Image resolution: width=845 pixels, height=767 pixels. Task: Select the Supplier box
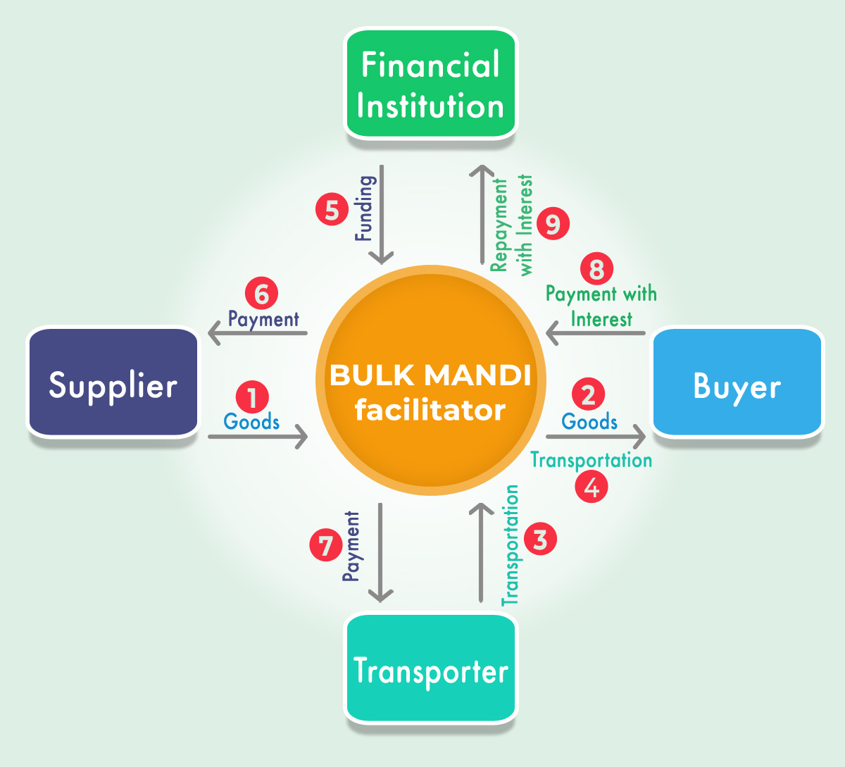pyautogui.click(x=113, y=384)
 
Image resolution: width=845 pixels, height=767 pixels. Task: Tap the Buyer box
pyautogui.click(x=737, y=384)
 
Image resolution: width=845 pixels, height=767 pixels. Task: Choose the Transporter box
pyautogui.click(x=430, y=669)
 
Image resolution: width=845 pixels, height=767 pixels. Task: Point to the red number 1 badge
pyautogui.click(x=252, y=397)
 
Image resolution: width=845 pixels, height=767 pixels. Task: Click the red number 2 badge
pyautogui.click(x=589, y=394)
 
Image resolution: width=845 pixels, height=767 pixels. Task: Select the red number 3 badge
pyautogui.click(x=540, y=540)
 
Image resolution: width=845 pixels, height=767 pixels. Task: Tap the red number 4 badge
pyautogui.click(x=591, y=487)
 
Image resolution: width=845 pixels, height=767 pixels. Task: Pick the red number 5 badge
pyautogui.click(x=332, y=210)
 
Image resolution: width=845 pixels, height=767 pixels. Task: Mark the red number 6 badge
pyautogui.click(x=261, y=294)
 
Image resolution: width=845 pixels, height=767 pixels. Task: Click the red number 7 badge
pyautogui.click(x=326, y=546)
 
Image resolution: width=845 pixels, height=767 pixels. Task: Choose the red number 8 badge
pyautogui.click(x=596, y=268)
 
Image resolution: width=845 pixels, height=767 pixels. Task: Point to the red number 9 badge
pyautogui.click(x=553, y=224)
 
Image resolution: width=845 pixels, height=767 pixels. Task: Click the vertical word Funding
pyautogui.click(x=365, y=208)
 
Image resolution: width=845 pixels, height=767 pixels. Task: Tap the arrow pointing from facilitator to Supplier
pyautogui.click(x=258, y=333)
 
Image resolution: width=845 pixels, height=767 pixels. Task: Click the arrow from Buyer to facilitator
pyautogui.click(x=596, y=333)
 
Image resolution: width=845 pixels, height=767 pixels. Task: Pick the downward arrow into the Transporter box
pyautogui.click(x=380, y=553)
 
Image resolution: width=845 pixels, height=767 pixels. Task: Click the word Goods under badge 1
pyautogui.click(x=251, y=422)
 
